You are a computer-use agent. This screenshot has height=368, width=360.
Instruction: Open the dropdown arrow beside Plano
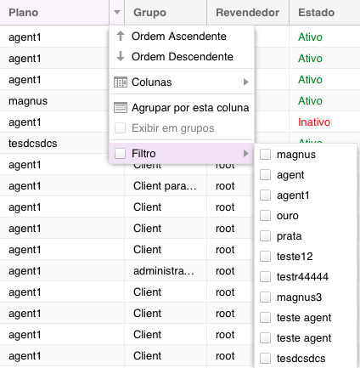[x=117, y=12]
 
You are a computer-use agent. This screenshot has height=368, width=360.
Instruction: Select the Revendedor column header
[x=248, y=13]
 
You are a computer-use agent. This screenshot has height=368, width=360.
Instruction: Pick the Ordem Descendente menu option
[x=182, y=57]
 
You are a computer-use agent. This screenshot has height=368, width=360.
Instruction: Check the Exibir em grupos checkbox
[x=120, y=128]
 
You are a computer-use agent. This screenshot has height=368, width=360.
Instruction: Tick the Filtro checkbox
[x=120, y=154]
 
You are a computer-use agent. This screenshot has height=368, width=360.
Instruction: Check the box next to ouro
[x=265, y=216]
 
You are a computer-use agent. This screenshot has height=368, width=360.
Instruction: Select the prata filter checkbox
[x=265, y=236]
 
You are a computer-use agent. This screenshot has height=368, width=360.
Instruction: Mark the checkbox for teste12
[x=265, y=257]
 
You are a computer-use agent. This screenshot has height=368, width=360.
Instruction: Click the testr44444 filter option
[x=302, y=277]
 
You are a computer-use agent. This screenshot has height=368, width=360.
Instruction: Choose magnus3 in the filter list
[x=299, y=297]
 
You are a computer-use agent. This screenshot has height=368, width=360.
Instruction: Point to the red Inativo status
[x=314, y=122]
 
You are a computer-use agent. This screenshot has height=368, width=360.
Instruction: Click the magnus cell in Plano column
[x=28, y=101]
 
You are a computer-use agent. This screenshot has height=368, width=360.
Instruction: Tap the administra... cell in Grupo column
[x=164, y=271]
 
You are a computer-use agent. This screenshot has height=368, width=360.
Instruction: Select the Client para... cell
[x=165, y=186]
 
